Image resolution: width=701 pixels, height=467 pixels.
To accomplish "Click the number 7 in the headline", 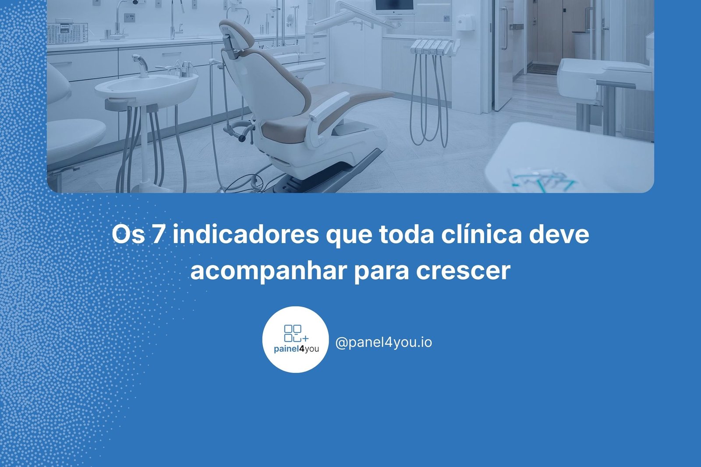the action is (157, 234).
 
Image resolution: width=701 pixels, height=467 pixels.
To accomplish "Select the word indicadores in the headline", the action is (246, 234).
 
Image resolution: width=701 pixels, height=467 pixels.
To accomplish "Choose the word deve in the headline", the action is (559, 234).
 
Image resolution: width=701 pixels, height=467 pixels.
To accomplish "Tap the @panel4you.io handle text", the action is (384, 342).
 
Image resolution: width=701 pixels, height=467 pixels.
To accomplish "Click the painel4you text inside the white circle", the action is (296, 349).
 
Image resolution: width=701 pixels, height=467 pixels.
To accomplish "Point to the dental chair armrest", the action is (329, 106).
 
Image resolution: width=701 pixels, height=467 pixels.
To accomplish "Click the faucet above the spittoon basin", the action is (140, 65).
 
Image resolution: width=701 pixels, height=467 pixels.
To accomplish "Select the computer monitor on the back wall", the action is (394, 6).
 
